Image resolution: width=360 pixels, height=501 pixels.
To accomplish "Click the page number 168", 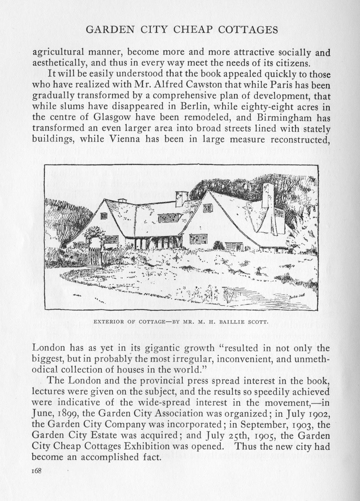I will pos(37,470).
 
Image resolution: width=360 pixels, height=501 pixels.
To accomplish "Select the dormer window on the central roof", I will pos(167,218).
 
